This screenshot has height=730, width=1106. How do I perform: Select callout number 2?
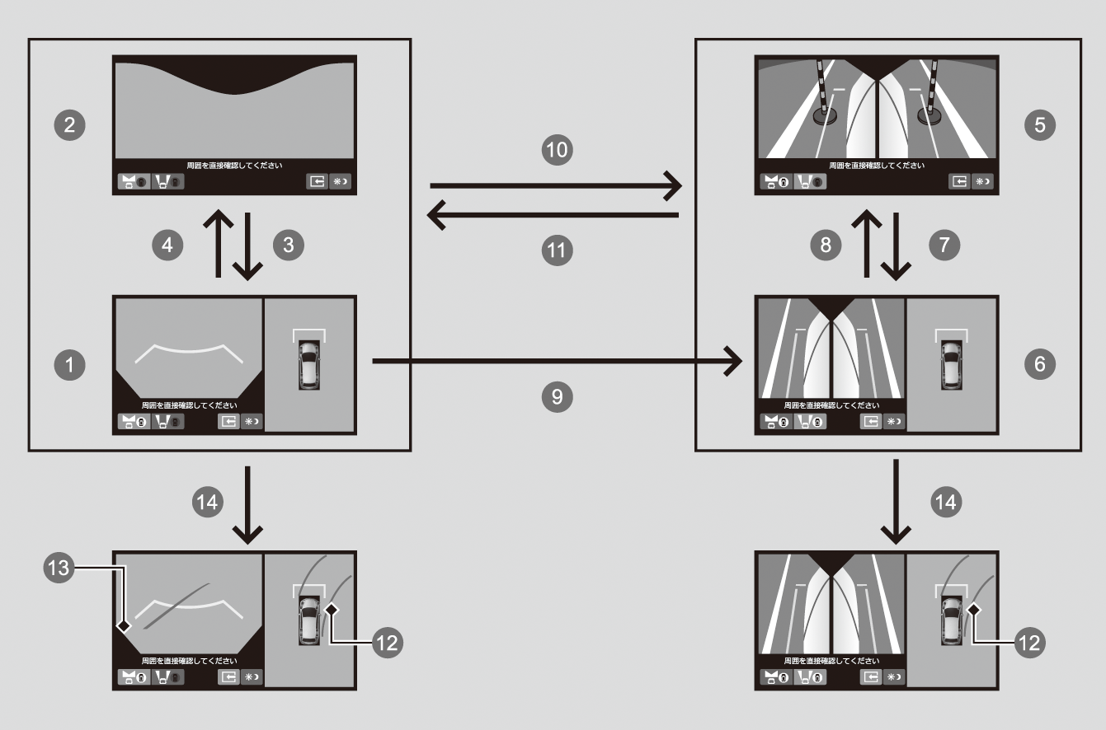pyautogui.click(x=73, y=125)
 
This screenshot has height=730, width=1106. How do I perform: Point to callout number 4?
pyautogui.click(x=168, y=244)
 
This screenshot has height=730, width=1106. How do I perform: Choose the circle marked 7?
pyautogui.click(x=946, y=244)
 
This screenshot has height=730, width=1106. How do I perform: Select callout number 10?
pyautogui.click(x=557, y=150)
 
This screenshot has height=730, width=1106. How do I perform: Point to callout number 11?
pyautogui.click(x=557, y=250)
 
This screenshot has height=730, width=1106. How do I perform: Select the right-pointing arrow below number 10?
pyautogui.click(x=557, y=186)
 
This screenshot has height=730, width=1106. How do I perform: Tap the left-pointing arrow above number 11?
pyautogui.click(x=553, y=215)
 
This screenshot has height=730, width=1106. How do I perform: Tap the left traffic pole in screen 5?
pyautogui.click(x=821, y=91)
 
